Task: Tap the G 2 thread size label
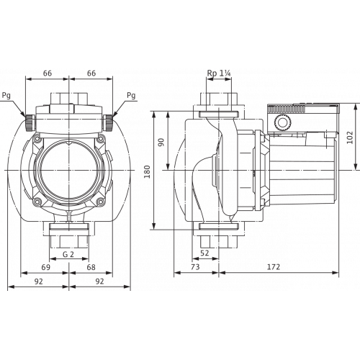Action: (68, 253)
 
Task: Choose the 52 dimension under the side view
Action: (204, 253)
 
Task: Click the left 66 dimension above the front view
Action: (48, 73)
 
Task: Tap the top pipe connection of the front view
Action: (69, 97)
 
